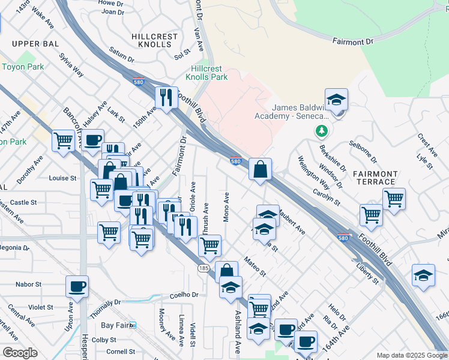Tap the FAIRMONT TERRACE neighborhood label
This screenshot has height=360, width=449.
[375, 178]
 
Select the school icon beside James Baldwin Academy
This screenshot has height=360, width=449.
[337, 100]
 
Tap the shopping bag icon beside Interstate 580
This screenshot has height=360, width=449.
[261, 170]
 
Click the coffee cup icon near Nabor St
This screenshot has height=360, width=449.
[77, 287]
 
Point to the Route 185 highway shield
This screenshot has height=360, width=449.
[205, 268]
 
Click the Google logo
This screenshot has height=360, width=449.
[20, 353]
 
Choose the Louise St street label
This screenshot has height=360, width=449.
[62, 178]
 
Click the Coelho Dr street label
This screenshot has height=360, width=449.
[184, 295]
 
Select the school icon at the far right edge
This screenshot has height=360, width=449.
[424, 275]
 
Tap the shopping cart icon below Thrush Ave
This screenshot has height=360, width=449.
[209, 245]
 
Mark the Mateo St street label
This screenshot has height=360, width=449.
[255, 266]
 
